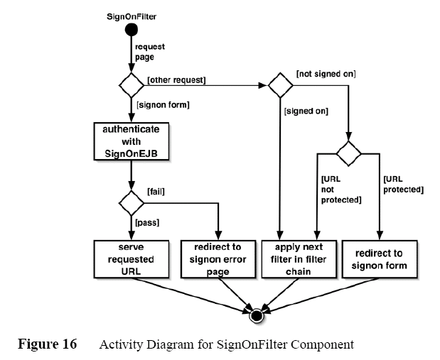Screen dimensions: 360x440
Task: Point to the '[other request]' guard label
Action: pos(176,80)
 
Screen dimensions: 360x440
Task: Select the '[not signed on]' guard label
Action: pos(326,73)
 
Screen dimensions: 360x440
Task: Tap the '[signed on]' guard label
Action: pos(307,111)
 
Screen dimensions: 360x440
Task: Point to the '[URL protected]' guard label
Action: pos(403,185)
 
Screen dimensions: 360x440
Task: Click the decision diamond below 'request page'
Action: pos(131,85)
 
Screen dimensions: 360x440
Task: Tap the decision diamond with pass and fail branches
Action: pos(131,202)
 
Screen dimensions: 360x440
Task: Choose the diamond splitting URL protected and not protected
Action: pos(348,153)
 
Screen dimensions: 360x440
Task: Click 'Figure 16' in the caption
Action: pos(48,345)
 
